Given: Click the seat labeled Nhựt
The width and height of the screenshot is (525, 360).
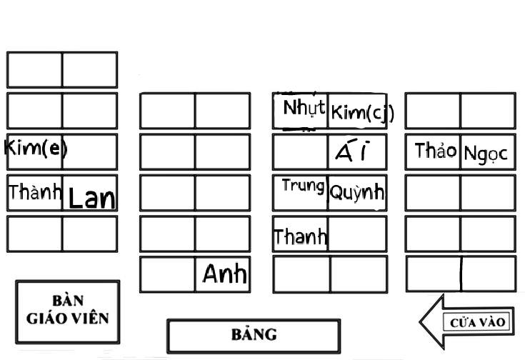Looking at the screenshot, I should click(301, 110).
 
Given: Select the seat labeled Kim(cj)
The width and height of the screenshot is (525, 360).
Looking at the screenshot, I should click(358, 111).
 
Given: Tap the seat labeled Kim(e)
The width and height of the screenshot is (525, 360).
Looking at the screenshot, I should click(34, 151).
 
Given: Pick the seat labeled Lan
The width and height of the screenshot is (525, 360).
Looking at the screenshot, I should click(90, 194).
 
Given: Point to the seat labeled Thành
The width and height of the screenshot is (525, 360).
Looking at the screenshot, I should click(35, 193).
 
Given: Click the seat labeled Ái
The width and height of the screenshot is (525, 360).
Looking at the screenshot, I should click(357, 151).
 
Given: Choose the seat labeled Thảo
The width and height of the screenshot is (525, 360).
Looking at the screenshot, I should click(433, 151).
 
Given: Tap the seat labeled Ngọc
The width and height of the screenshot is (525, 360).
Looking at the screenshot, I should click(487, 151).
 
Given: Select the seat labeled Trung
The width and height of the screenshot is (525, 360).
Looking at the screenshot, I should click(301, 192).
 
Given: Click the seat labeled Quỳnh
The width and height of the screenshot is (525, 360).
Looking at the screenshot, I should click(357, 192).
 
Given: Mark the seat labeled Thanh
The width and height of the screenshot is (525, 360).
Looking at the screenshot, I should click(301, 234).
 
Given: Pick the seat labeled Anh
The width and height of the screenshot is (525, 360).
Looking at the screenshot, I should click(224, 274).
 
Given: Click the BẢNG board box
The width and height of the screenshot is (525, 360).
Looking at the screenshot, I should click(254, 336).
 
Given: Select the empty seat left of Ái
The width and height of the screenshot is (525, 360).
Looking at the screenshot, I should click(301, 151).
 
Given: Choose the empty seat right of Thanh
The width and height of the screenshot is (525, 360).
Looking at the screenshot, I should click(357, 234).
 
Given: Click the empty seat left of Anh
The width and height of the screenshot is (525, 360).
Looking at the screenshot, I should click(168, 274).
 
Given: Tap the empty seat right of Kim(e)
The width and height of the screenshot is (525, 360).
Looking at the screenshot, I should click(90, 151).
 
